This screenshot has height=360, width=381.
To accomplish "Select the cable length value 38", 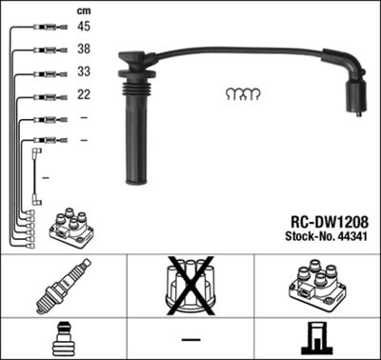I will (x=84, y=50).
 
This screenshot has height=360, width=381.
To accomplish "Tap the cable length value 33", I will (x=84, y=72).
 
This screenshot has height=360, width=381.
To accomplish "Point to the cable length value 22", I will (x=84, y=95).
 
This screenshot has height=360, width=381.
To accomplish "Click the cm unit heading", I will (x=83, y=9).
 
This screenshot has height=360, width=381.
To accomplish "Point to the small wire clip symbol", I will (x=242, y=94).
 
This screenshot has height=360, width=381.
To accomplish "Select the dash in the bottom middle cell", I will (x=190, y=339).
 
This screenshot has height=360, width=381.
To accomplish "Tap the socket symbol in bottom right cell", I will (x=316, y=337).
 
